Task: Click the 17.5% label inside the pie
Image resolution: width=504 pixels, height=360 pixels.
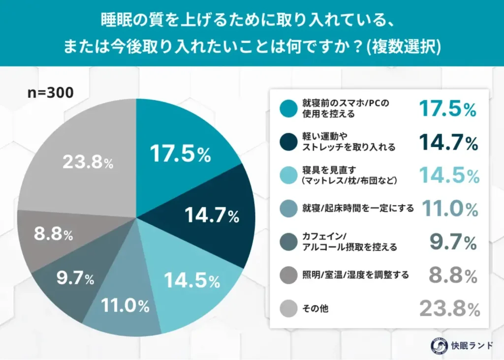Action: click(x=181, y=154)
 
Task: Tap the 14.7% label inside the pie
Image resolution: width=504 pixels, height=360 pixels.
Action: click(x=212, y=214)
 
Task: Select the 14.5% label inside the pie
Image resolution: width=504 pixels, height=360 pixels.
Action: click(x=192, y=281)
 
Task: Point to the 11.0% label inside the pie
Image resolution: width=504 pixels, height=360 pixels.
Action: click(x=126, y=306)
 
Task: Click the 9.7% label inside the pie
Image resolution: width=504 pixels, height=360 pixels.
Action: click(x=75, y=279)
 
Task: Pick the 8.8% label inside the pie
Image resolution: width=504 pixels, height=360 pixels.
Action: click(x=53, y=235)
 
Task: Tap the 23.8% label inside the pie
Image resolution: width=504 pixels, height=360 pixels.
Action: click(x=88, y=163)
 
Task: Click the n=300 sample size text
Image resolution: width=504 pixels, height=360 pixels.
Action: click(x=50, y=92)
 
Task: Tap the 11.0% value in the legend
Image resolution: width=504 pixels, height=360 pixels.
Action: click(x=448, y=209)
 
